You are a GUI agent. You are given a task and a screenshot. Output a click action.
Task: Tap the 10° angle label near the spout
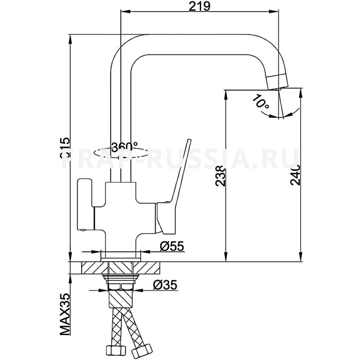click(x=261, y=103)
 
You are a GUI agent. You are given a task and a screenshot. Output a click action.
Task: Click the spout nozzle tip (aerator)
click(x=277, y=81)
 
